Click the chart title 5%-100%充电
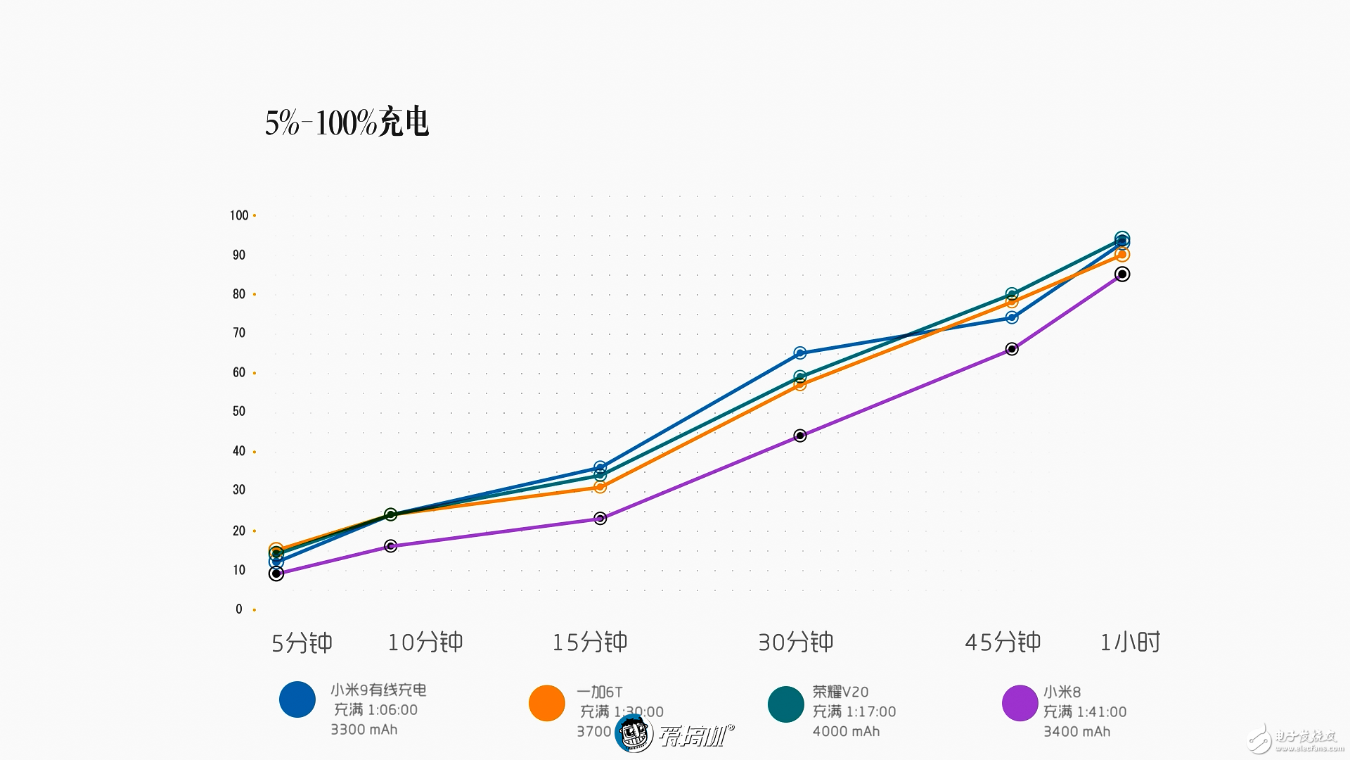[x=347, y=123]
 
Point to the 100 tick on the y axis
[x=239, y=215]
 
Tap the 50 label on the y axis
[x=239, y=411]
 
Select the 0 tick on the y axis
[x=239, y=609]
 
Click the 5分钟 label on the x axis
[x=302, y=643]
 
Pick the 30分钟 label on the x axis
[x=795, y=642]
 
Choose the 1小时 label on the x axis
[x=1130, y=642]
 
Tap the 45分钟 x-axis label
[x=1003, y=642]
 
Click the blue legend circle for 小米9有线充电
[x=297, y=699]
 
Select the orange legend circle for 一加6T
[x=547, y=703]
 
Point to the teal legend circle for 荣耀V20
[x=786, y=704]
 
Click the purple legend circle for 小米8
[x=1020, y=703]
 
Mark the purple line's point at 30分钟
[x=800, y=436]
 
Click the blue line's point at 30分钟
[x=800, y=353]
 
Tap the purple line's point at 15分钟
[x=600, y=519]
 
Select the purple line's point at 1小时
[x=1122, y=274]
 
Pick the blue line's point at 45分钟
[x=1012, y=317]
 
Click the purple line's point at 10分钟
[x=391, y=546]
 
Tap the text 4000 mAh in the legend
[x=846, y=732]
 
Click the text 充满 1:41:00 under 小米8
[x=1084, y=712]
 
